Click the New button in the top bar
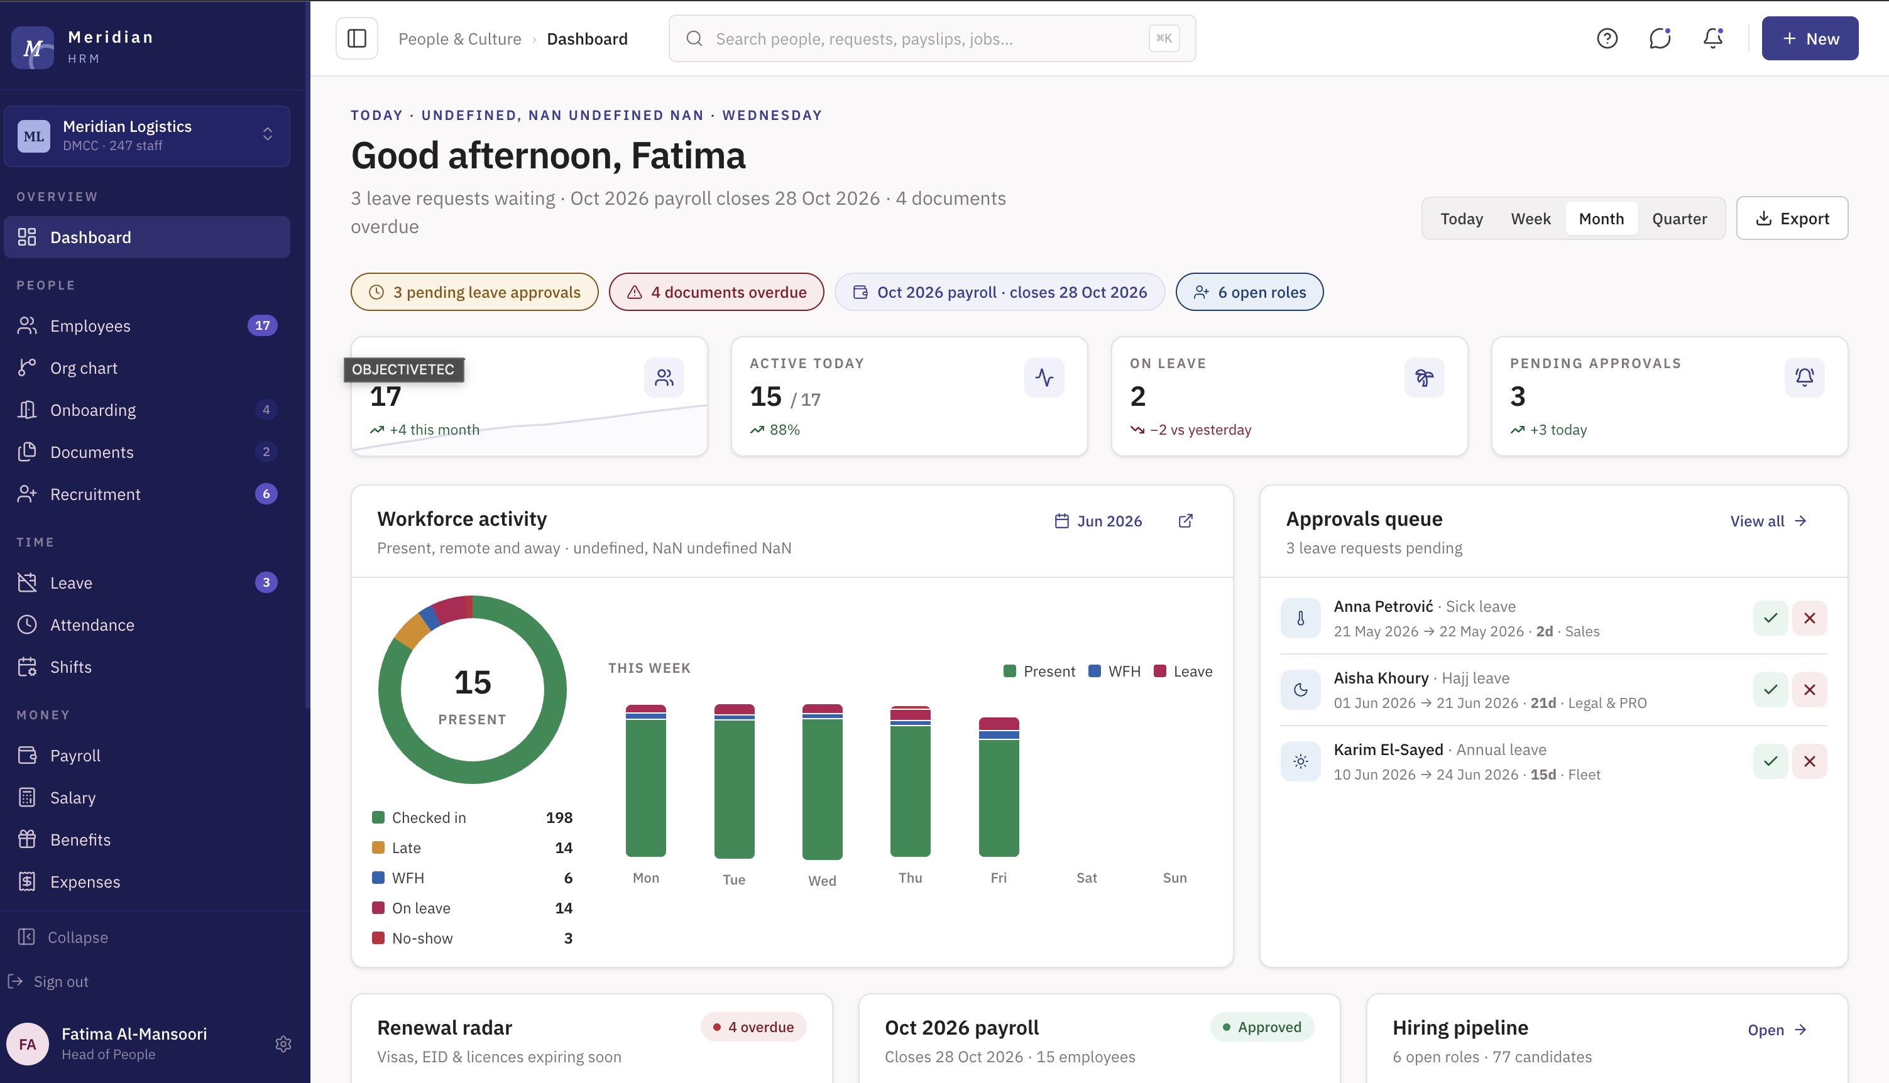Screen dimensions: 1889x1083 pyautogui.click(x=1809, y=39)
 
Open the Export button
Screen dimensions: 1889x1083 pyautogui.click(x=1792, y=219)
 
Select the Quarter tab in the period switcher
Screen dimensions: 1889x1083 pyautogui.click(x=1679, y=219)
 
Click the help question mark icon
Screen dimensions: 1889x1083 pyautogui.click(x=1607, y=39)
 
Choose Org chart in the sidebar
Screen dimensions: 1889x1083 pyautogui.click(x=84, y=368)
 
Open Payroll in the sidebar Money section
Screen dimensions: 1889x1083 pyautogui.click(x=75, y=756)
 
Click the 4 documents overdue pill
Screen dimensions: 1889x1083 pyautogui.click(x=716, y=292)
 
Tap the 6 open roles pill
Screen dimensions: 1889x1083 pyautogui.click(x=1249, y=292)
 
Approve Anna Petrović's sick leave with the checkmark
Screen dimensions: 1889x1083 pyautogui.click(x=1770, y=618)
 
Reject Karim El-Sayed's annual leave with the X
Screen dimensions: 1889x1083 pyautogui.click(x=1809, y=761)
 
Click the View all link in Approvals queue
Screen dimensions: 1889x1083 pyautogui.click(x=1768, y=521)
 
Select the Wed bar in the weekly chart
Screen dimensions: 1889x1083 pyautogui.click(x=822, y=781)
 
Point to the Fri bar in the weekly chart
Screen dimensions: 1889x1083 pyautogui.click(x=999, y=787)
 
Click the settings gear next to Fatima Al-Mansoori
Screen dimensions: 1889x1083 pyautogui.click(x=283, y=1044)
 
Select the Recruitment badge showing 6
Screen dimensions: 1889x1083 pyautogui.click(x=266, y=494)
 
